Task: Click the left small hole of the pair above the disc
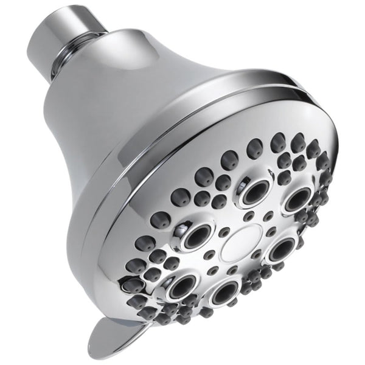[x=249, y=216]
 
